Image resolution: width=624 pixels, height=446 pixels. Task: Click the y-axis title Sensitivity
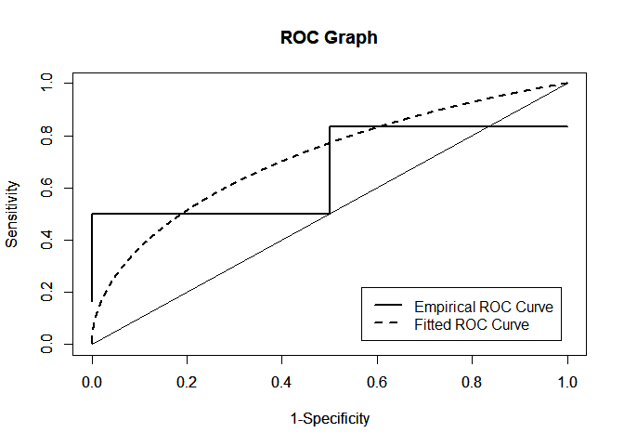[x=12, y=214]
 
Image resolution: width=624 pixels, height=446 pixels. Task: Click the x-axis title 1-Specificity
[x=330, y=418]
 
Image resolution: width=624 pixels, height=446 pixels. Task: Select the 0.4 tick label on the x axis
[x=282, y=381]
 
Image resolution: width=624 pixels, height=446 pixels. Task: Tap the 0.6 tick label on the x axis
[x=377, y=381]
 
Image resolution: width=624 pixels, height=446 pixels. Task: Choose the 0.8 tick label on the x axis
[x=473, y=381]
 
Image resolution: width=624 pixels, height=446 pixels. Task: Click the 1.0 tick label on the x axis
[x=567, y=381]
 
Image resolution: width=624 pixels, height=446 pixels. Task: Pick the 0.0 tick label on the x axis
[x=91, y=381]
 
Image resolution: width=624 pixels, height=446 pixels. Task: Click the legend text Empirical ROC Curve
[x=476, y=307]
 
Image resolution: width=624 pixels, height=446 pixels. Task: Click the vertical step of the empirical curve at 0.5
[x=330, y=170]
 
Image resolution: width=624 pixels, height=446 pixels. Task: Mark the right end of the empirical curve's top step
[x=567, y=126]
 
